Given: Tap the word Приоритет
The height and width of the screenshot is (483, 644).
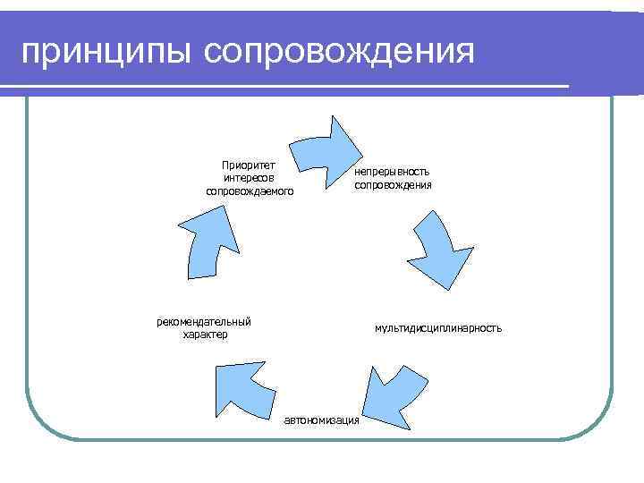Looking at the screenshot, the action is pos(249,164).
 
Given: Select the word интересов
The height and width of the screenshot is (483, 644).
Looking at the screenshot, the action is pos(249,177).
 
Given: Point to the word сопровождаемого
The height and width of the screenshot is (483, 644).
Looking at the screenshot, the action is pos(249,191).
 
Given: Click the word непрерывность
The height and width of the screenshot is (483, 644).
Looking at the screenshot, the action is pos(393,171).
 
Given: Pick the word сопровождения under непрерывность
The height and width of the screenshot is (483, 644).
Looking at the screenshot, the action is pos(393,185).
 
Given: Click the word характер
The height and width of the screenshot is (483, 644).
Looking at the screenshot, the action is pos(205,335).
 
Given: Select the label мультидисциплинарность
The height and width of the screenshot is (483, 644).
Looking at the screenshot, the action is pos(438,328).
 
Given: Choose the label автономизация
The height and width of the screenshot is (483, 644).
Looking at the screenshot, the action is pos(322,420).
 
